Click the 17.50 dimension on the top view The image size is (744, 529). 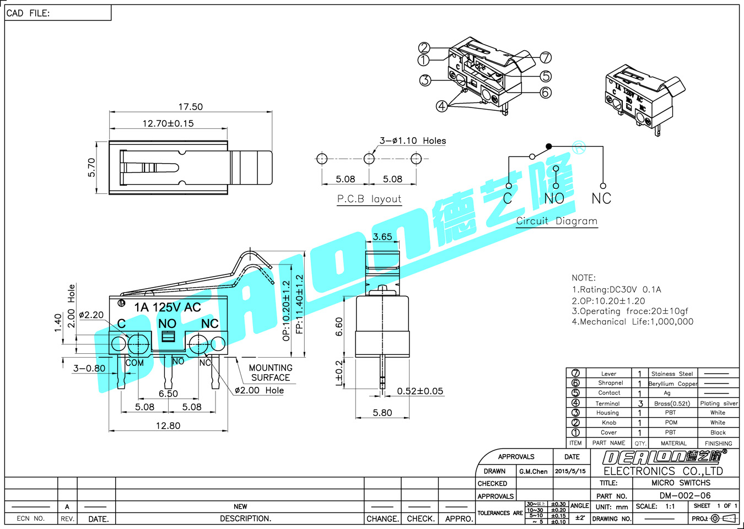tap(190, 107)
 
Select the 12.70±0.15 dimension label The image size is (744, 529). tap(168, 123)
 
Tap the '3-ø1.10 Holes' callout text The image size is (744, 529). tap(413, 141)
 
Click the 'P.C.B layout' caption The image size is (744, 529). tap(369, 199)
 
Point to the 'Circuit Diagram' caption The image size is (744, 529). tap(557, 221)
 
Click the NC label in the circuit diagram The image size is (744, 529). tap(601, 198)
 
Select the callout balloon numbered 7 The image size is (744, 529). tap(546, 57)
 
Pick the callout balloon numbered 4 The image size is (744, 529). tap(441, 106)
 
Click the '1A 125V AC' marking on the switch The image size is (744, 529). tap(168, 307)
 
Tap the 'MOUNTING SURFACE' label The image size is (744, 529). tap(271, 373)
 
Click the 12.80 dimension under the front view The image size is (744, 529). tap(168, 425)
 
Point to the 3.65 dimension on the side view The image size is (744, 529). tap(382, 237)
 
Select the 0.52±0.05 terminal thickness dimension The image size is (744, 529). tap(420, 391)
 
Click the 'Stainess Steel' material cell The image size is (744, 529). tap(672, 374)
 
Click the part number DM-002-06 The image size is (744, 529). tap(685, 495)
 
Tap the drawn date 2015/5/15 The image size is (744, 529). tap(570, 471)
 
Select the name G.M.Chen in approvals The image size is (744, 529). tap(533, 471)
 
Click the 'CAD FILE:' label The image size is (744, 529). tap(28, 13)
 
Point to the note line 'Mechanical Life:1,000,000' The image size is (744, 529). tap(633, 322)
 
